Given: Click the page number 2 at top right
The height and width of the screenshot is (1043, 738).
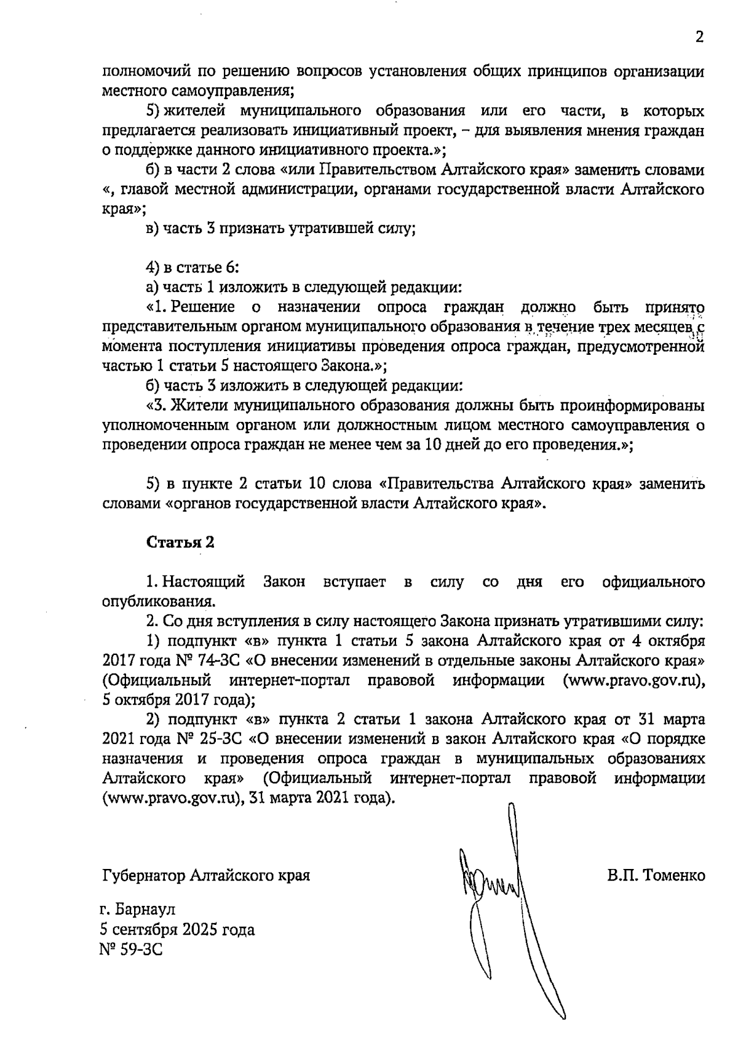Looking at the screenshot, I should tap(699, 37).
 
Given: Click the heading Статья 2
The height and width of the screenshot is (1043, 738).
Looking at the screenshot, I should tap(180, 542).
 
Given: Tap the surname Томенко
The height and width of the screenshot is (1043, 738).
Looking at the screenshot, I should tap(673, 874).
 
